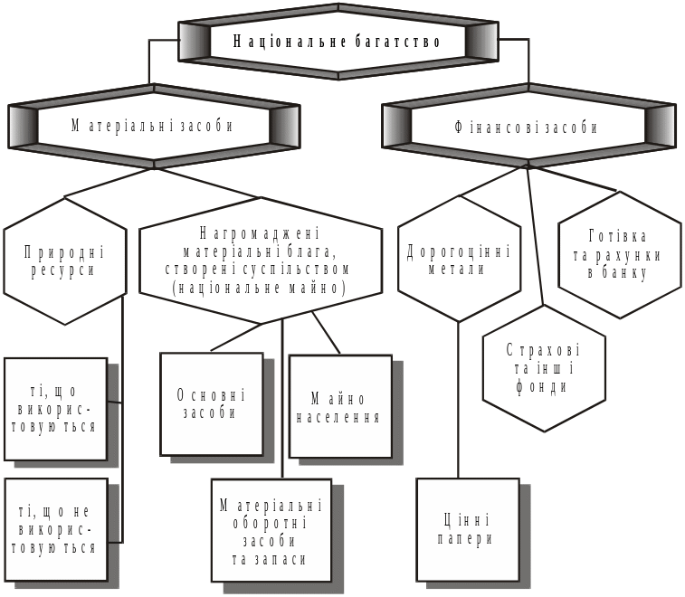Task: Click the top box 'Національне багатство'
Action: [x=338, y=42]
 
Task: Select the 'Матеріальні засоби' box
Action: [x=153, y=127]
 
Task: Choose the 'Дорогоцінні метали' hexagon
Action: [x=459, y=259]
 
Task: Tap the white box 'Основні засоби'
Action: [x=212, y=403]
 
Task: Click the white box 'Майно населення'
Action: [x=340, y=407]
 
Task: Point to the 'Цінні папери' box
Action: [x=468, y=529]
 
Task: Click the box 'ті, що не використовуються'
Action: [x=56, y=529]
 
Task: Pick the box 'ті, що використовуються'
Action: [x=56, y=409]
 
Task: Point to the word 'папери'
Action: [x=468, y=539]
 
